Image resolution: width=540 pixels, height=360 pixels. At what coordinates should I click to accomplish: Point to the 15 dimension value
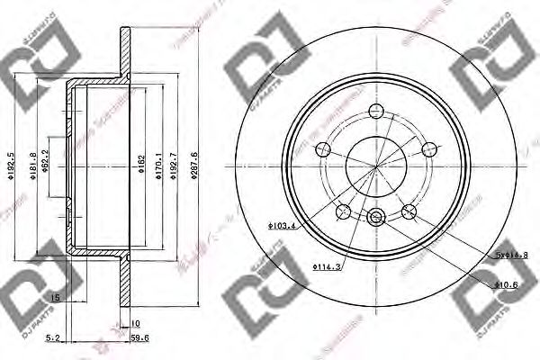[x=55, y=297]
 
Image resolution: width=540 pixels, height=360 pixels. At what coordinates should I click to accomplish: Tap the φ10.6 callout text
[x=508, y=285]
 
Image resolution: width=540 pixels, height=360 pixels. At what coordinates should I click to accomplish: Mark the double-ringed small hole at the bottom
[x=377, y=216]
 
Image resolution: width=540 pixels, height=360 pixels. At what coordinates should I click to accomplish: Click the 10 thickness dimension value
[x=136, y=323]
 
